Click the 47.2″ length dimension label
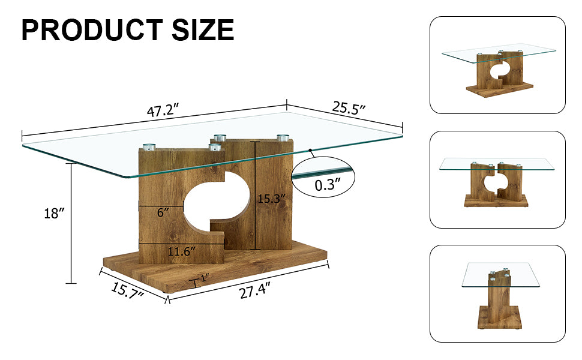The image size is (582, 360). pos(163,111)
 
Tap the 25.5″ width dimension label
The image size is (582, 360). pos(349,108)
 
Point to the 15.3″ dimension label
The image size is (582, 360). pos(271,199)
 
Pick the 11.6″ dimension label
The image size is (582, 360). pos(181,252)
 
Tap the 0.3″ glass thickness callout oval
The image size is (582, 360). pos(323,178)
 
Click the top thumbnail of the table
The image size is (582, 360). pos(497,65)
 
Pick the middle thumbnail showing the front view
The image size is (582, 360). pos(497,179)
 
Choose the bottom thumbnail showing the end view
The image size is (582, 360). pos(497,293)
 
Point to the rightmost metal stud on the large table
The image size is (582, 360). pos(282,137)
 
